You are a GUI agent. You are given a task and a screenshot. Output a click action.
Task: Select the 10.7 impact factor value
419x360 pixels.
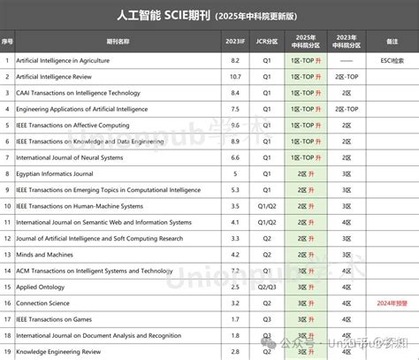[234, 77]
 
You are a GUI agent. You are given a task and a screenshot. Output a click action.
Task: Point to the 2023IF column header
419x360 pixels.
[233, 41]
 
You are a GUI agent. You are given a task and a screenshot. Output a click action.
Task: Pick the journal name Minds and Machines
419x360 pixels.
[44, 254]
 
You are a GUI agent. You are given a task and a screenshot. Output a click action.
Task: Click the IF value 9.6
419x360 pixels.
[234, 125]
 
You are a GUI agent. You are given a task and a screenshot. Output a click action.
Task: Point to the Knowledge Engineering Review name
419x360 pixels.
[57, 351]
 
